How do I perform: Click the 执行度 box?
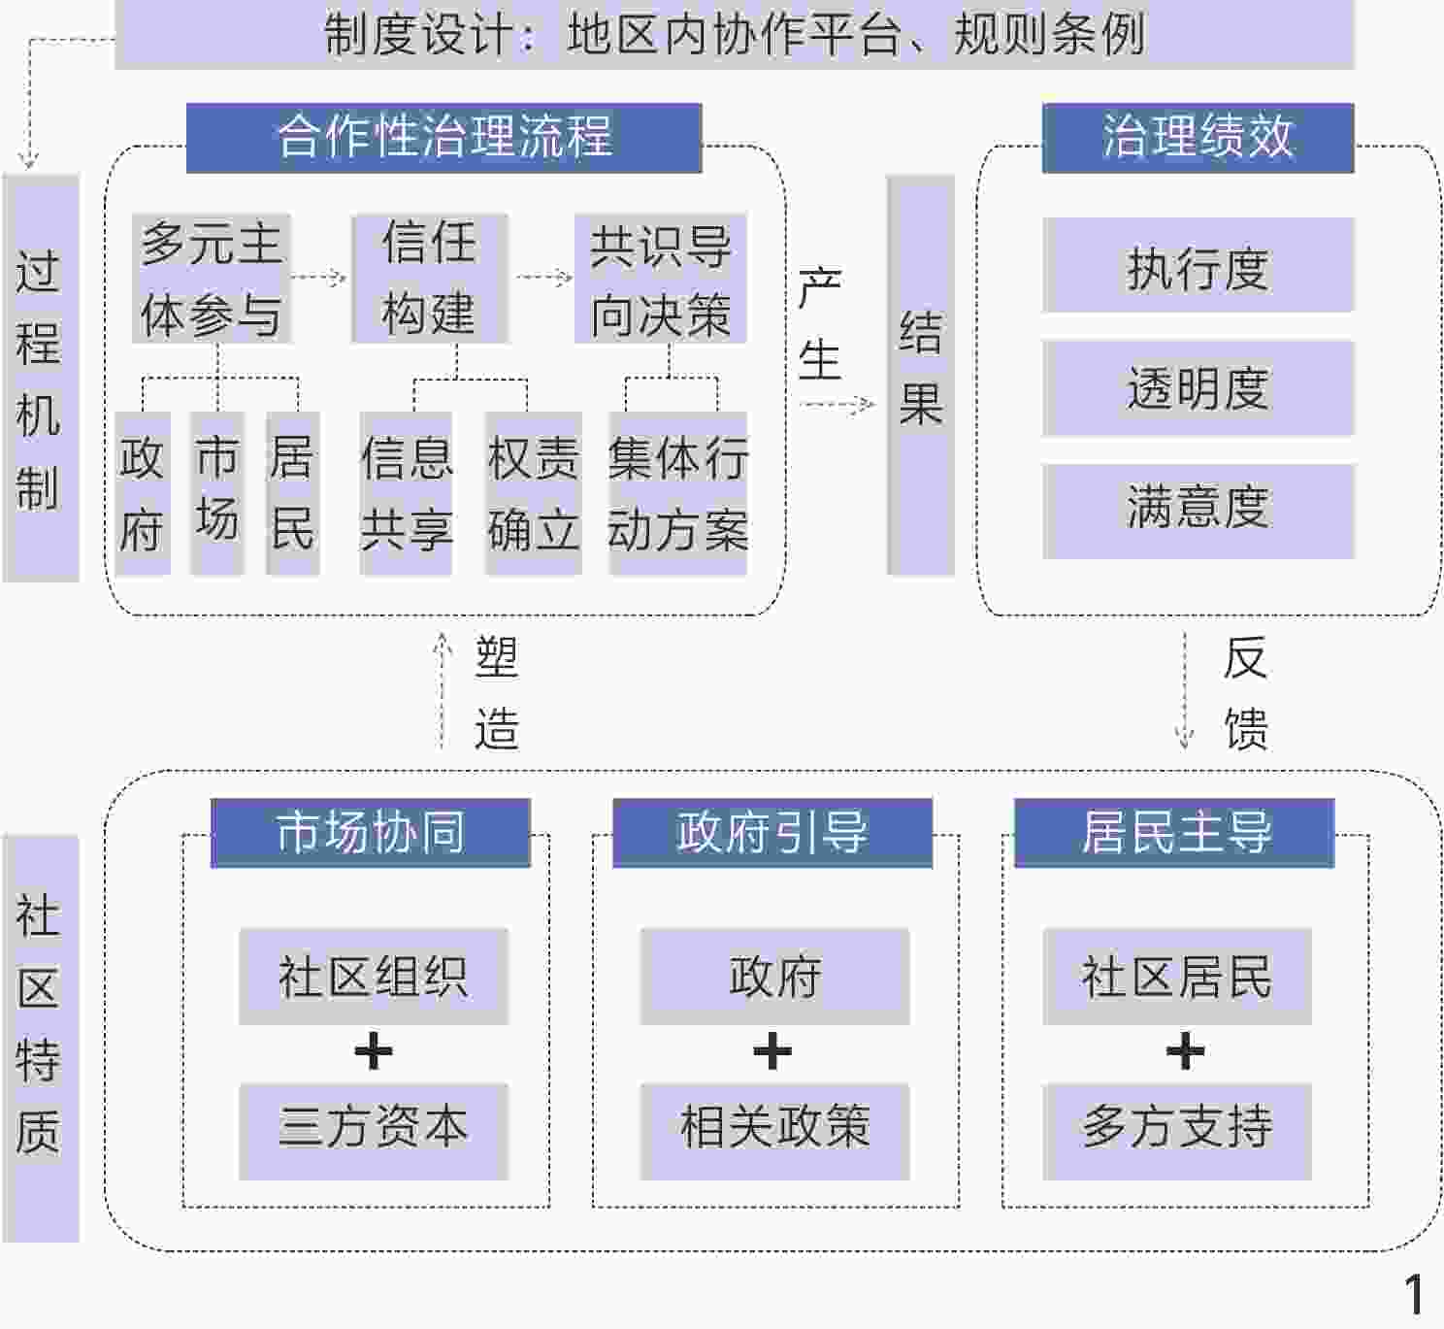point(1198,265)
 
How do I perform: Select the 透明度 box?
point(1198,387)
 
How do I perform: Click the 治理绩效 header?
point(1198,137)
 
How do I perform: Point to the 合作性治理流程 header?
point(443,137)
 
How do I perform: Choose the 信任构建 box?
point(429,278)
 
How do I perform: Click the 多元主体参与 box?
point(212,278)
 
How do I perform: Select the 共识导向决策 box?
point(660,279)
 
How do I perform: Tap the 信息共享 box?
point(406,493)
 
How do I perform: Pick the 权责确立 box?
point(533,493)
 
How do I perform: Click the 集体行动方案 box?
point(677,493)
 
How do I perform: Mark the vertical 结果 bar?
point(920,375)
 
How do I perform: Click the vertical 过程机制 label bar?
point(40,379)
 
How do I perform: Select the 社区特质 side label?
point(40,1037)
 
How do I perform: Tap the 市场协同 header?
point(370,832)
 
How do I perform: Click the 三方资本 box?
point(374,1131)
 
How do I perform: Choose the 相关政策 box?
point(774,1131)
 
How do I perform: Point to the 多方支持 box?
point(1176,1131)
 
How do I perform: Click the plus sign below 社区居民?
point(1185,1052)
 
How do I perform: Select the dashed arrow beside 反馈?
point(1184,691)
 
